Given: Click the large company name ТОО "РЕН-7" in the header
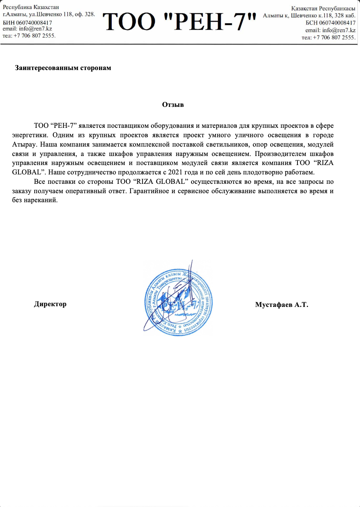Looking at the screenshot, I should point(180,22).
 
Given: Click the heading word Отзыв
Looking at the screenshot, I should point(173,105).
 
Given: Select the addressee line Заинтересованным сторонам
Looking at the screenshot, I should point(63,68).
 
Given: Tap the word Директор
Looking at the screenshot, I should point(50,304).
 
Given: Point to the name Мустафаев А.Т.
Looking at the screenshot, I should point(282,305).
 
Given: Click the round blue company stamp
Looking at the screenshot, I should point(179,302).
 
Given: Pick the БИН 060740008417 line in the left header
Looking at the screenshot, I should point(27,23).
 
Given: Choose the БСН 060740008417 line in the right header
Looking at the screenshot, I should point(330,23).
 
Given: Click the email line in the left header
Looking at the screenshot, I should point(27,29).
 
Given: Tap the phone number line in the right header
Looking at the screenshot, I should point(329,38).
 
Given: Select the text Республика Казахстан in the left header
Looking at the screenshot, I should point(31,7).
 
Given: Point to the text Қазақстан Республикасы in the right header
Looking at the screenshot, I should point(323,8).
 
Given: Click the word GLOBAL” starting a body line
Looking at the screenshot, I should point(29,172).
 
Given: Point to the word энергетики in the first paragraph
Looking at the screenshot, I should point(30,135).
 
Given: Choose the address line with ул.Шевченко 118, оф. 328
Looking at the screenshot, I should point(49,14).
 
